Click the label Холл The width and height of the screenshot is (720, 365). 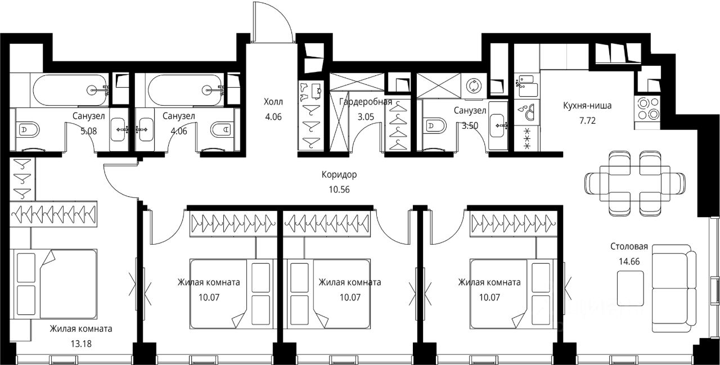click(273, 102)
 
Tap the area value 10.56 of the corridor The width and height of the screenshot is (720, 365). click(339, 190)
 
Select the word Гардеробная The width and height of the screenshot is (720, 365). click(366, 102)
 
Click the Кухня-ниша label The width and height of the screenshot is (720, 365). click(587, 106)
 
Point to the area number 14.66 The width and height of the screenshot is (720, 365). click(629, 262)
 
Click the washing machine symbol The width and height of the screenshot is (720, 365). click(474, 85)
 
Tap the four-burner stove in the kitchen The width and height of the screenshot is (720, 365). click(647, 109)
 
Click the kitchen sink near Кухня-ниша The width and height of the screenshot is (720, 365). click(527, 85)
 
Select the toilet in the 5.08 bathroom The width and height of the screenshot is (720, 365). click(28, 130)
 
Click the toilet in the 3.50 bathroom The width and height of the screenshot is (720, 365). click(435, 125)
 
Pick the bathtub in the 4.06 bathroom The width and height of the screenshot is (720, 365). click(185, 90)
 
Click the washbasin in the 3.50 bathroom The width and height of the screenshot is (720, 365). click(498, 125)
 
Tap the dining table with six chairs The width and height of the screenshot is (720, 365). click(634, 183)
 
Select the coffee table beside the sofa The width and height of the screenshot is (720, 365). click(631, 288)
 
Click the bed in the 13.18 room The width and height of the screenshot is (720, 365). click(53, 284)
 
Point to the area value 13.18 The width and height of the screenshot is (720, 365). click(81, 344)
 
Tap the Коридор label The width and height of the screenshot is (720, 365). click(339, 174)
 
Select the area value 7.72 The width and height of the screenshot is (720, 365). click(587, 121)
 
